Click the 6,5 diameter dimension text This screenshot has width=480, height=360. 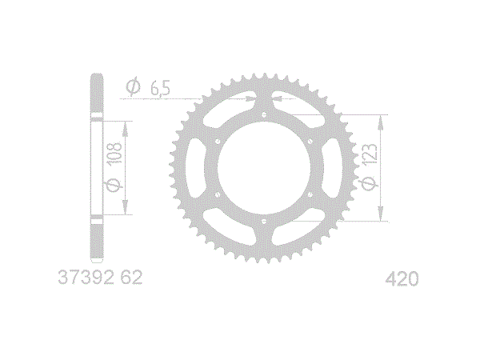pyautogui.click(x=160, y=89)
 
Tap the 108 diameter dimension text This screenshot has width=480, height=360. pyautogui.click(x=114, y=153)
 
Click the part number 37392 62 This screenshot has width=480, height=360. pyautogui.click(x=100, y=278)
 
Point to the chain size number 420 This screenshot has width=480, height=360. pyautogui.click(x=402, y=279)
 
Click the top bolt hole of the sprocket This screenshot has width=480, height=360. pyautogui.click(x=264, y=114)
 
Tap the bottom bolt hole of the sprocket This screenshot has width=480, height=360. pyautogui.click(x=264, y=221)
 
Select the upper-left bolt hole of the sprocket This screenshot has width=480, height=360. pyautogui.click(x=218, y=142)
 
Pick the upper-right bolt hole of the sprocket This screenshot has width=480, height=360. pyautogui.click(x=310, y=142)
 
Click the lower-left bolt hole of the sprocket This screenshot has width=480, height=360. pyautogui.click(x=218, y=194)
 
